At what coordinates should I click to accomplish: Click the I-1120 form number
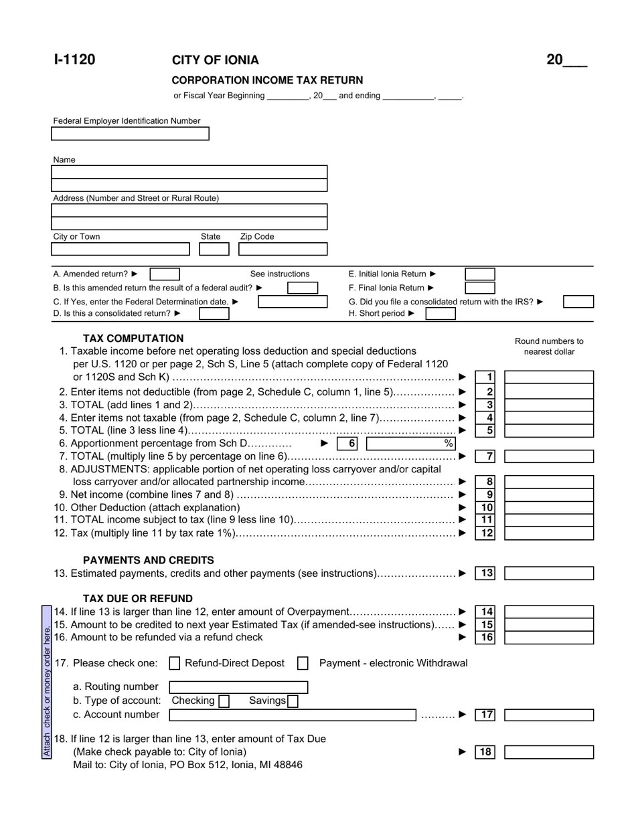click(74, 60)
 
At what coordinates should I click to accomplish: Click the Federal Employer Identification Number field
click(130, 134)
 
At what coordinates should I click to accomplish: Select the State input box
click(214, 250)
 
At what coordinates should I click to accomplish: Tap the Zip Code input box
click(283, 250)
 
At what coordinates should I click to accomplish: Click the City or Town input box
click(121, 250)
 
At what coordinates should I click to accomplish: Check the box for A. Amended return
click(165, 274)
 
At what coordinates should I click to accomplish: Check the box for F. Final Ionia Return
click(480, 288)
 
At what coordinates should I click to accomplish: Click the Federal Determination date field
click(293, 302)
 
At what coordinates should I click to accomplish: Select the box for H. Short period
click(441, 314)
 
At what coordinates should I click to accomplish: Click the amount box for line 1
click(549, 377)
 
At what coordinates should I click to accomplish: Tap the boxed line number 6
click(351, 444)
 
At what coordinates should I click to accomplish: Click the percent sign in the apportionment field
click(449, 444)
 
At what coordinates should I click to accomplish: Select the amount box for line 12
click(549, 533)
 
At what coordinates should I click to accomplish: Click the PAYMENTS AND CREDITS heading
click(149, 561)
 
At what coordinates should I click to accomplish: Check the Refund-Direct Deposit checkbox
click(175, 663)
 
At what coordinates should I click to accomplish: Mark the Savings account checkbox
click(293, 701)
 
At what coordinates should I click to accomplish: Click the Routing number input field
click(238, 687)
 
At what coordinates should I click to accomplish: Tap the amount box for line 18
click(549, 752)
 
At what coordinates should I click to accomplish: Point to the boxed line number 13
click(487, 573)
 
